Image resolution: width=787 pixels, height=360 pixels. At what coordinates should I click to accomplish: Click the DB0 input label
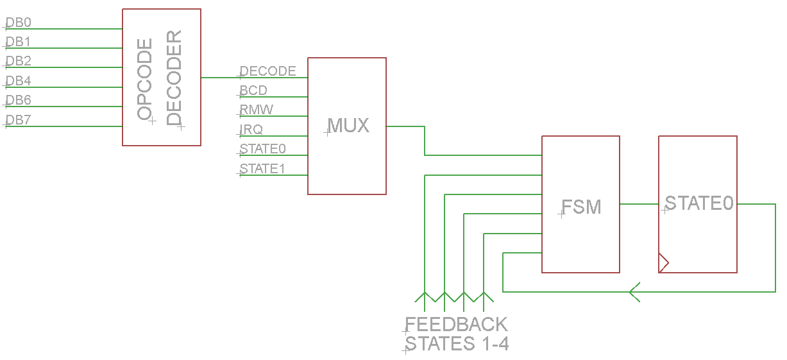click(18, 23)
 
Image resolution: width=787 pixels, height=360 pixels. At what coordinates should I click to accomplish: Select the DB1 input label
click(18, 42)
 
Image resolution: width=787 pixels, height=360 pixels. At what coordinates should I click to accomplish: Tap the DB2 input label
click(18, 62)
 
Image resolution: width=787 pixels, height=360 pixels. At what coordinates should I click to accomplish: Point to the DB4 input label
click(18, 81)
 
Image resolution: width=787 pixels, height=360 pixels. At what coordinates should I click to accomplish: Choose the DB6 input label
click(18, 101)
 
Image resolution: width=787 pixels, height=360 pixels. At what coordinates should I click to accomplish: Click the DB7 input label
click(18, 120)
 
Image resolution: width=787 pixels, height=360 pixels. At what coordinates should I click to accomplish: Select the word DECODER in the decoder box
click(174, 78)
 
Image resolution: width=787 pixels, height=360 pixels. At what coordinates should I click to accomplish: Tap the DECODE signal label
click(267, 71)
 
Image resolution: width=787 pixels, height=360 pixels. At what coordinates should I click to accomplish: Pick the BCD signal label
click(253, 90)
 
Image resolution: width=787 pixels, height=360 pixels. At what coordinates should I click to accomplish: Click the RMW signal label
click(257, 110)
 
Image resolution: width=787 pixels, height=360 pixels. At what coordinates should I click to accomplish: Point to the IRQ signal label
click(251, 130)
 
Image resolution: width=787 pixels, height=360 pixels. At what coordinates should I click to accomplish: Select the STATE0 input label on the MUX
click(263, 149)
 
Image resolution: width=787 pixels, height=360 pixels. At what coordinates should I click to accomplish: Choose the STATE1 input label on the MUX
click(263, 169)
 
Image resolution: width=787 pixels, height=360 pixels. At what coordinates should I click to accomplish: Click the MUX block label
click(348, 125)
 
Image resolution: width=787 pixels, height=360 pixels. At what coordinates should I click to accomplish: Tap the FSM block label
click(581, 207)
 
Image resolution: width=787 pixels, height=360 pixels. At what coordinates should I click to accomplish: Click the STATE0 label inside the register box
click(698, 203)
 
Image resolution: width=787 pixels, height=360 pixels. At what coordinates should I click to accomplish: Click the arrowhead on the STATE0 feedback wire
click(635, 292)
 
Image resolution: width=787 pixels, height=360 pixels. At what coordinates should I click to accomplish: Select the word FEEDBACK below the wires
click(456, 324)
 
